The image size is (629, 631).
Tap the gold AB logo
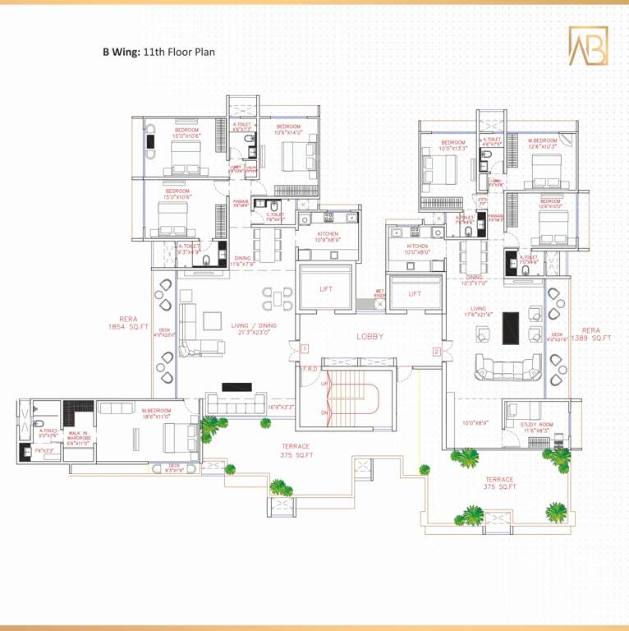tap(588, 46)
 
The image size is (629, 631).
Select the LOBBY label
tap(370, 336)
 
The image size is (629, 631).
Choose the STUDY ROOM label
tap(536, 427)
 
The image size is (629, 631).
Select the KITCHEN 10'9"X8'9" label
tap(327, 237)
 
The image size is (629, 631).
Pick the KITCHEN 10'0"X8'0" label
tap(416, 250)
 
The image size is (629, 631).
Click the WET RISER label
tap(380, 293)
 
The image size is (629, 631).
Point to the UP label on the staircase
tap(325, 385)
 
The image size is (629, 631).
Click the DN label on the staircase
tap(325, 412)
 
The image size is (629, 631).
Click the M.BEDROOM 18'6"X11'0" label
tap(156, 413)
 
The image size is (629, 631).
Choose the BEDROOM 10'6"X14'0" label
tap(287, 130)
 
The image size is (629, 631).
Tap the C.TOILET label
tap(274, 217)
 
